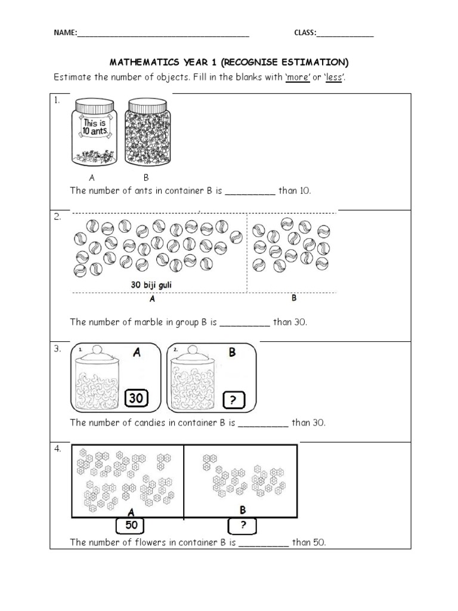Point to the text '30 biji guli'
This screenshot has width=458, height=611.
(x=151, y=285)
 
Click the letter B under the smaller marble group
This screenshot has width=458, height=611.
(x=293, y=298)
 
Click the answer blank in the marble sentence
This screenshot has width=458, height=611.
(x=245, y=323)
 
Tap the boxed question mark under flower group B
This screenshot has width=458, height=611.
(x=242, y=526)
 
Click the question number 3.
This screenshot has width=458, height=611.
(x=58, y=349)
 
